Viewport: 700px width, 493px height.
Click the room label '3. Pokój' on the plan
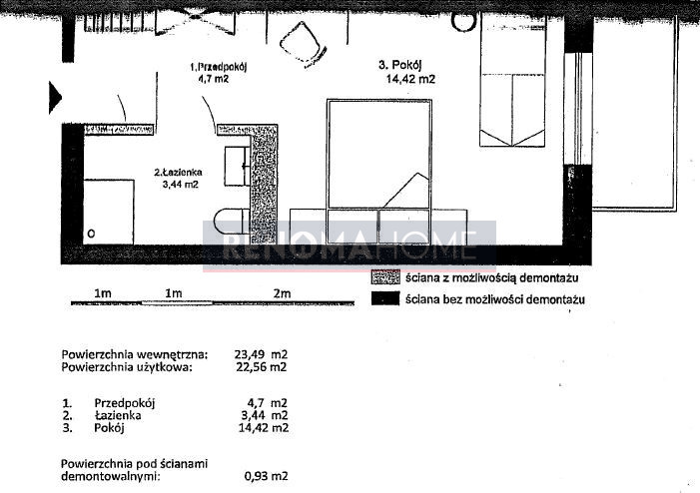tap(400, 65)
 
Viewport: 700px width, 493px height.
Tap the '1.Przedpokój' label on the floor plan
tap(219, 67)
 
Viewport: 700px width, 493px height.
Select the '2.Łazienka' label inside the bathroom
tap(178, 172)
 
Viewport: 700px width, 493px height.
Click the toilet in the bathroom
tap(232, 222)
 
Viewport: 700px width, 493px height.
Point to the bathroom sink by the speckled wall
tap(237, 166)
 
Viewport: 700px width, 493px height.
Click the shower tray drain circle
tap(91, 234)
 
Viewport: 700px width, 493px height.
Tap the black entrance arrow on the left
tap(55, 97)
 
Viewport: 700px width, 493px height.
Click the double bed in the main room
tap(379, 154)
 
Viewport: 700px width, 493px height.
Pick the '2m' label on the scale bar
tap(283, 293)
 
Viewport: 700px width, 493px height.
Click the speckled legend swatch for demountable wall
tap(385, 277)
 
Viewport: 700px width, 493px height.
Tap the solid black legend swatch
tap(385, 298)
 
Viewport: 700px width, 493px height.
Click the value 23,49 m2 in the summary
tap(262, 354)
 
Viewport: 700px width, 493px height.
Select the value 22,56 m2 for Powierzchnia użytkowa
tap(262, 366)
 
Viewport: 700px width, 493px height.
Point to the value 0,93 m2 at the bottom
tap(266, 476)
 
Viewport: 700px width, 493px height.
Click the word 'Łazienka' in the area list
tap(118, 415)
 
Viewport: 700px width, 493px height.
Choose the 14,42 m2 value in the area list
tap(264, 428)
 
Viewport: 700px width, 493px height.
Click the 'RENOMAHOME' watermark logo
tap(350, 246)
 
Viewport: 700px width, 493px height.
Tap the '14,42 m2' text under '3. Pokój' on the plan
tap(410, 80)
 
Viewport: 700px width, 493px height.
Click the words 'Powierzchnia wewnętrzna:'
tap(135, 354)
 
